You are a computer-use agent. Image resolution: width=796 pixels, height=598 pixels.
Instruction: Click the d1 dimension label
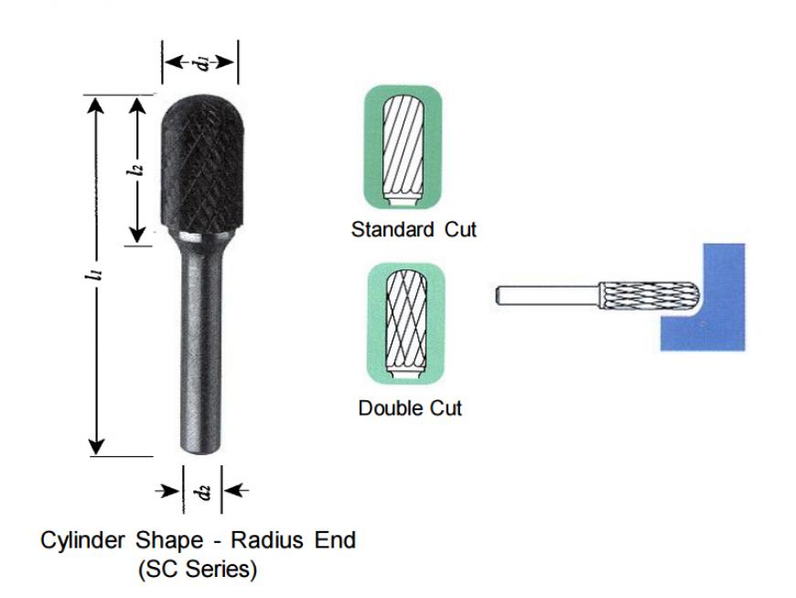pyautogui.click(x=202, y=62)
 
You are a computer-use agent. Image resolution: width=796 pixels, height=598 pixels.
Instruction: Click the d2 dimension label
pyautogui.click(x=203, y=491)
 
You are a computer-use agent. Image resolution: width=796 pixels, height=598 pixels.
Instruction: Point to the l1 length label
pyautogui.click(x=95, y=275)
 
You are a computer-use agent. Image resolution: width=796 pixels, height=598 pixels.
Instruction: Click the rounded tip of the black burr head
pyautogui.click(x=202, y=98)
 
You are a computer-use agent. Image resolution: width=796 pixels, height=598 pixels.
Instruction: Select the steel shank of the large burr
pyautogui.click(x=201, y=345)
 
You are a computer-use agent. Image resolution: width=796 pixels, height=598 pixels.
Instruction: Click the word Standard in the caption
pyautogui.click(x=393, y=229)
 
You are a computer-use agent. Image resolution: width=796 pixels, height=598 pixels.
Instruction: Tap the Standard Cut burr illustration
pyautogui.click(x=403, y=147)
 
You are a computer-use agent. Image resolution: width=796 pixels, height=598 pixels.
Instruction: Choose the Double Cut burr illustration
pyautogui.click(x=405, y=324)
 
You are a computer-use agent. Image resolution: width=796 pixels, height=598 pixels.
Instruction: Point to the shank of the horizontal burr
pyautogui.click(x=547, y=295)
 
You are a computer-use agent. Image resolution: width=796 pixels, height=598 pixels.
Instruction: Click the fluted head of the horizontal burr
pyautogui.click(x=650, y=295)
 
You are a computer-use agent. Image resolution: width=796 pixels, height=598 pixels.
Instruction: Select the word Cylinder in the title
pyautogui.click(x=82, y=539)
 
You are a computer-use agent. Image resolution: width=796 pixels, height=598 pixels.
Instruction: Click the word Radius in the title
pyautogui.click(x=267, y=539)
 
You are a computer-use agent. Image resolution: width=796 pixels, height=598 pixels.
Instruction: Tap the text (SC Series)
pyautogui.click(x=198, y=569)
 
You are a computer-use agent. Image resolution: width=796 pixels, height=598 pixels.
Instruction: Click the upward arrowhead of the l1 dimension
pyautogui.click(x=96, y=105)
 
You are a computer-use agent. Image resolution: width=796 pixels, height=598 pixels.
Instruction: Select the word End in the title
pyautogui.click(x=335, y=539)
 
